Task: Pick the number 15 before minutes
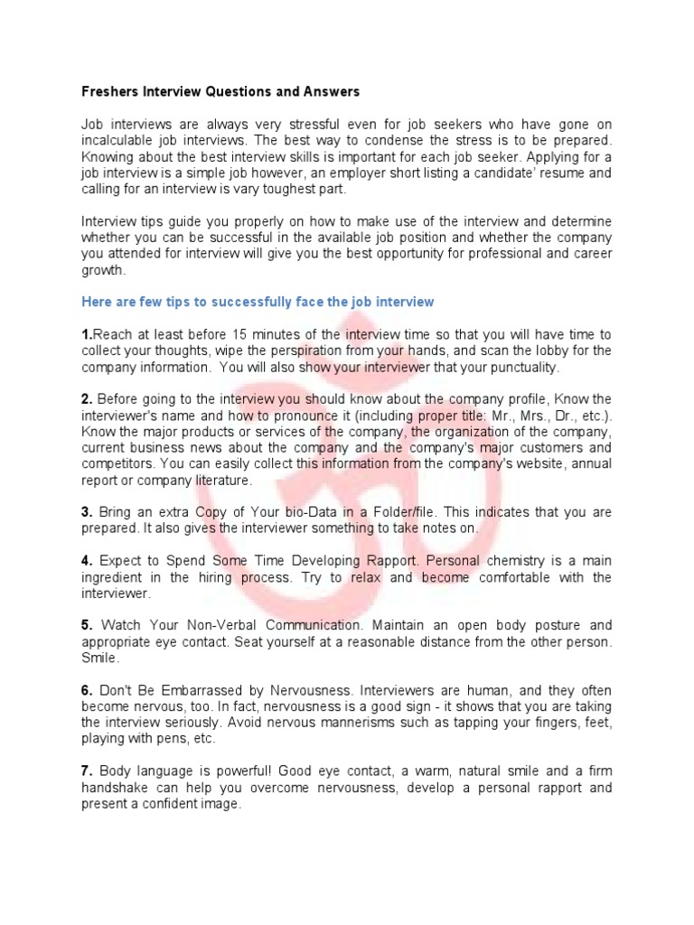click(239, 334)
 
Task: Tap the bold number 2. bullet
click(87, 399)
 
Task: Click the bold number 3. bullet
click(87, 512)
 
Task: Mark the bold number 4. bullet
click(87, 561)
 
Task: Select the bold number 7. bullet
click(87, 771)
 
